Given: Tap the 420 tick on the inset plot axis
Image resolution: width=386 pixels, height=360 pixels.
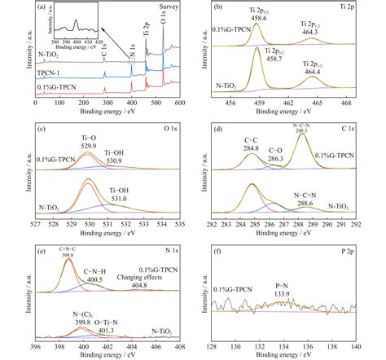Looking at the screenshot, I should pyautogui.click(x=99, y=42).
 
